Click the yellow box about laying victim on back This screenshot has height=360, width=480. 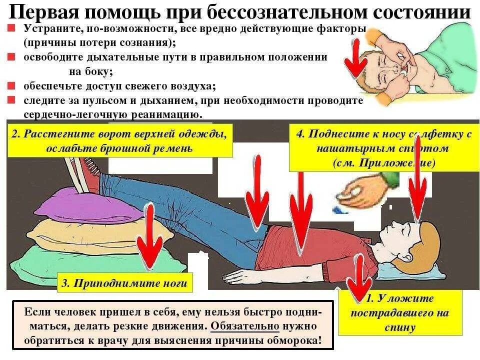(x=400, y=313)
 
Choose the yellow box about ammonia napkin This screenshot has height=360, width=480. (x=384, y=148)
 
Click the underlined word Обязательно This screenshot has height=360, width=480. (x=244, y=326)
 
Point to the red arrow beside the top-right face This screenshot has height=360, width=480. (x=356, y=57)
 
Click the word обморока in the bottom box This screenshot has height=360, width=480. (x=290, y=340)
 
